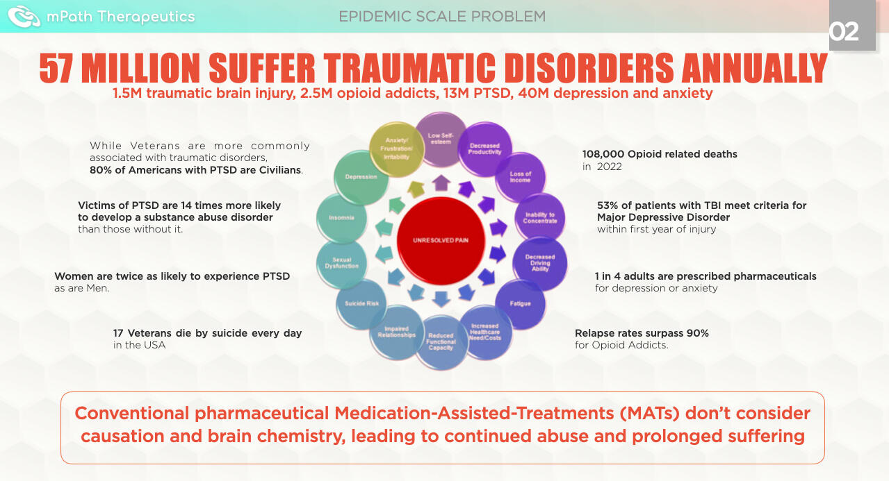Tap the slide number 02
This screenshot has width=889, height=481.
(844, 31)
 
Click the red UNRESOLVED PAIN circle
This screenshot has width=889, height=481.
(441, 240)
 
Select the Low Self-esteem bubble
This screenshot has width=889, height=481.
(441, 139)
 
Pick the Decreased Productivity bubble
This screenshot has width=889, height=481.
(484, 149)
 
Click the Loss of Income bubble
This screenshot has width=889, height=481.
(520, 177)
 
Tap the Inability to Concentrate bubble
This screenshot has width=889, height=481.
(540, 218)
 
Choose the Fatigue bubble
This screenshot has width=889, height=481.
(520, 303)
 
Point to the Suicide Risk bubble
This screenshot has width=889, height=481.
(361, 303)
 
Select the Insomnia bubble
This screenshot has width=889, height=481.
(341, 218)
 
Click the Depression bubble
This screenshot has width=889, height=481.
(361, 177)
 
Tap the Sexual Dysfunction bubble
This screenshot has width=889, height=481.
(341, 262)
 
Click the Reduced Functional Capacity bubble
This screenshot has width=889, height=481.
(441, 341)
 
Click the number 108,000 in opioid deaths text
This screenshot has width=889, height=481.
(605, 154)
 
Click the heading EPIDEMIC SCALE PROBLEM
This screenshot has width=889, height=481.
(442, 16)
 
